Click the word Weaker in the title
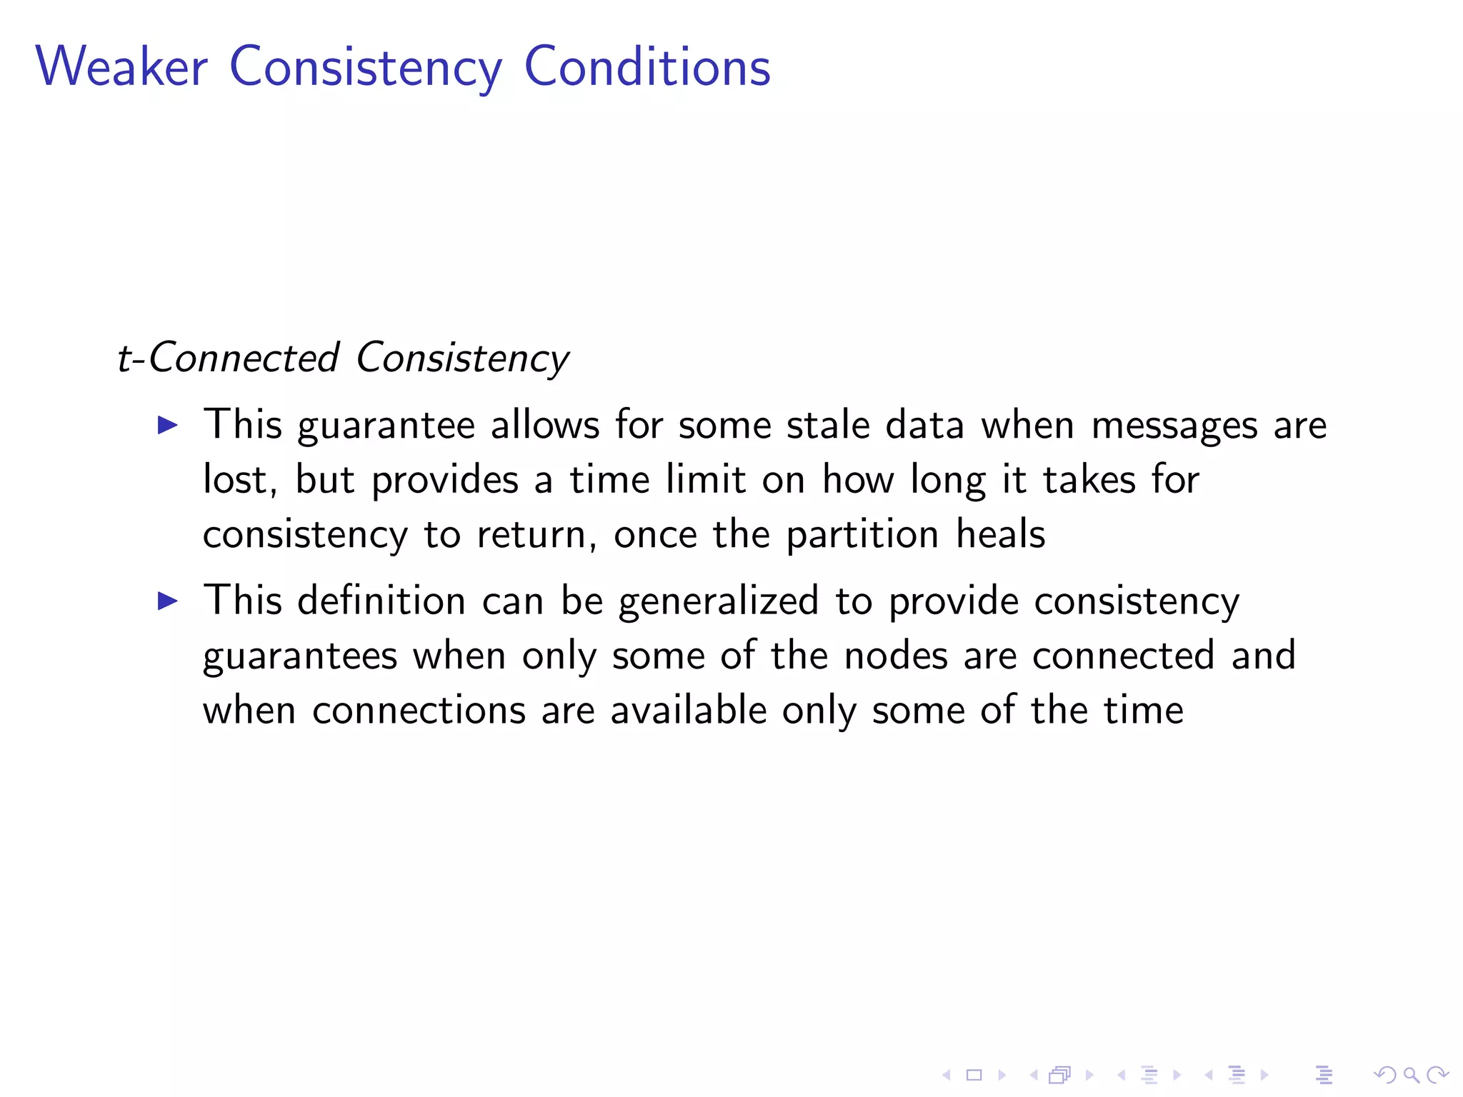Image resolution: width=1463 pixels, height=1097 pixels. pos(121,66)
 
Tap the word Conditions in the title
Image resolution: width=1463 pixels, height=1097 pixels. pos(647,66)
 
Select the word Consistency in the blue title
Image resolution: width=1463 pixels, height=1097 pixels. pos(366,68)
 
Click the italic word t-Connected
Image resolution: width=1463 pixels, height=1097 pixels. pos(228,358)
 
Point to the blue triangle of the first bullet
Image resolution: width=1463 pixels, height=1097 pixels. pos(167,426)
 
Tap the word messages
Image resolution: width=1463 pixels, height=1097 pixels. pos(1174,426)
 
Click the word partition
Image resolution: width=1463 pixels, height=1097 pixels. pos(862,535)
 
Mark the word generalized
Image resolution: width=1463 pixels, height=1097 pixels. pos(718,601)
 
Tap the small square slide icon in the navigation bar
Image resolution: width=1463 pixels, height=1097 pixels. pos(974,1075)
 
